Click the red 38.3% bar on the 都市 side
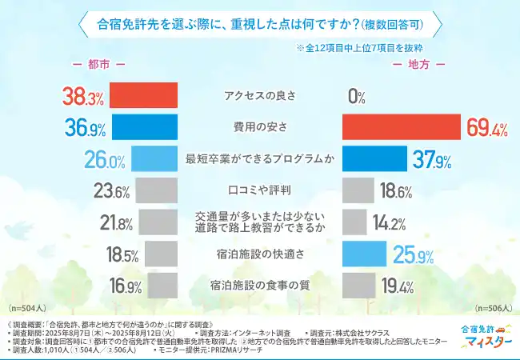pos(143,95)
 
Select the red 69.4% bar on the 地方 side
pos(402,127)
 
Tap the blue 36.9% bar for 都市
pos(145,127)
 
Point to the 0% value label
pos(357,97)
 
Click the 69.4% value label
pos(486,128)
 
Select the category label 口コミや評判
pos(259,191)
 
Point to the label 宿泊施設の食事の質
pos(259,286)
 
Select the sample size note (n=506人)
pos(490,307)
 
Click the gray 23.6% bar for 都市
pos(156,191)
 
